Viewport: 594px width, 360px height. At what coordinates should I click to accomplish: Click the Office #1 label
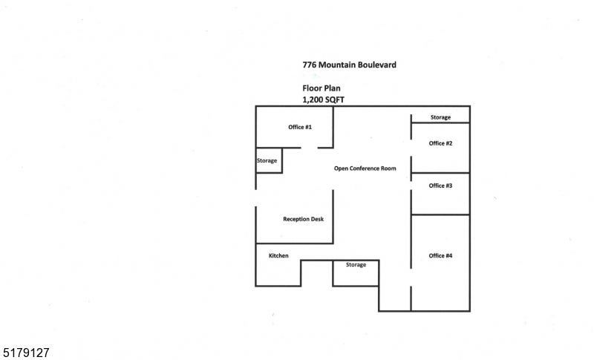pyautogui.click(x=300, y=127)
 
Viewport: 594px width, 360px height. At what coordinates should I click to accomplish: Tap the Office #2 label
pyautogui.click(x=440, y=143)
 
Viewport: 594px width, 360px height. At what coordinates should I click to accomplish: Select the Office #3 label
pyautogui.click(x=440, y=186)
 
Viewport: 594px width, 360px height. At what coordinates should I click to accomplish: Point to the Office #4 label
pyautogui.click(x=440, y=256)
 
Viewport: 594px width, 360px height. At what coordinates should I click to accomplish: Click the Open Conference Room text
pyautogui.click(x=365, y=168)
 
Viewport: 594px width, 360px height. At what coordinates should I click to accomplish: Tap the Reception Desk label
pyautogui.click(x=304, y=219)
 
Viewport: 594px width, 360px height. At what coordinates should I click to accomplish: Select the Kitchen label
pyautogui.click(x=279, y=256)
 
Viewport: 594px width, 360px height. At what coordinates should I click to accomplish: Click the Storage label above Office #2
pyautogui.click(x=440, y=117)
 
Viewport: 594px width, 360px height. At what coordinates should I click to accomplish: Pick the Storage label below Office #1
pyautogui.click(x=267, y=160)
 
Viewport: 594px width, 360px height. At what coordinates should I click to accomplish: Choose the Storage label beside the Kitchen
pyautogui.click(x=356, y=264)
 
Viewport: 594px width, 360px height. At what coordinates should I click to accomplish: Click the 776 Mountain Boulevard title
pyautogui.click(x=349, y=65)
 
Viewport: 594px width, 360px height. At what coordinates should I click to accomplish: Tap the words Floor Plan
pyautogui.click(x=322, y=88)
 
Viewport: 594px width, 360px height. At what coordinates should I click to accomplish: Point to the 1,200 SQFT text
pyautogui.click(x=323, y=99)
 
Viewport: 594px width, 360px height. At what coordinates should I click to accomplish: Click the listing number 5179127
pyautogui.click(x=25, y=353)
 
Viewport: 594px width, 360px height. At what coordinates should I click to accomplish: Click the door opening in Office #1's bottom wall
pyautogui.click(x=309, y=148)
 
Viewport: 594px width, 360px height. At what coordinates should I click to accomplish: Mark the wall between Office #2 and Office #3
pyautogui.click(x=440, y=173)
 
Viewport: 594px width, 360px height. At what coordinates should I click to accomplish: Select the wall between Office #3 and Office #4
pyautogui.click(x=440, y=215)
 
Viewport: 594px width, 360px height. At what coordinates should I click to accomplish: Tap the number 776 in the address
pyautogui.click(x=309, y=65)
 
